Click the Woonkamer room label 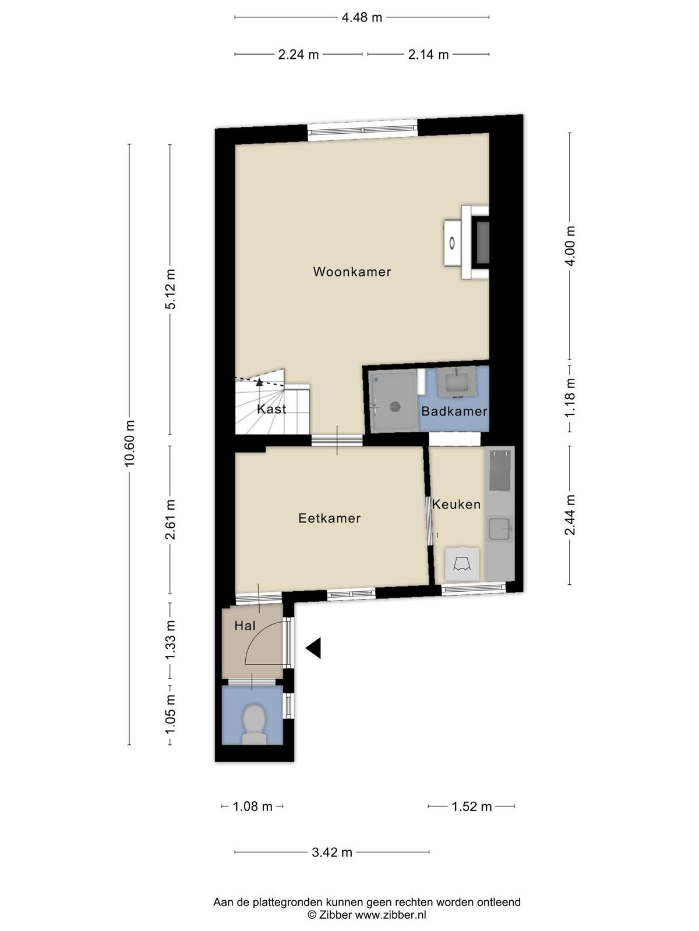(x=352, y=272)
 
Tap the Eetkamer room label (x=329, y=518)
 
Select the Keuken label (x=456, y=504)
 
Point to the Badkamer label (x=454, y=411)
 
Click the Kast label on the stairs (x=271, y=409)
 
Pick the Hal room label (x=245, y=626)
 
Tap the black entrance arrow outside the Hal (x=313, y=648)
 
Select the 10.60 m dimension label (x=129, y=443)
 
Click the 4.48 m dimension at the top (x=362, y=17)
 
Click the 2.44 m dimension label (x=570, y=515)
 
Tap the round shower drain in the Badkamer (x=395, y=407)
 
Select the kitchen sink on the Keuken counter (x=499, y=529)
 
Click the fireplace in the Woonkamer (x=467, y=243)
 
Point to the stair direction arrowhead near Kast (x=259, y=382)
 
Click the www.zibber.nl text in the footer (x=390, y=915)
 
